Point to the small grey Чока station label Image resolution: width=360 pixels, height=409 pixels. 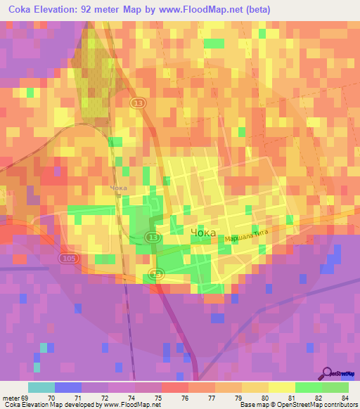119,188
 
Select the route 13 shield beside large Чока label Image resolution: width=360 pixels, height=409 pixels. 153,238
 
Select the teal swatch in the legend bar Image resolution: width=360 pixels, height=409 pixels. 41,387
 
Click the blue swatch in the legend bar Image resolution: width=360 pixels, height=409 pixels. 68,387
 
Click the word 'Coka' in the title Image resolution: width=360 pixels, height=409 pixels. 15,9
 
